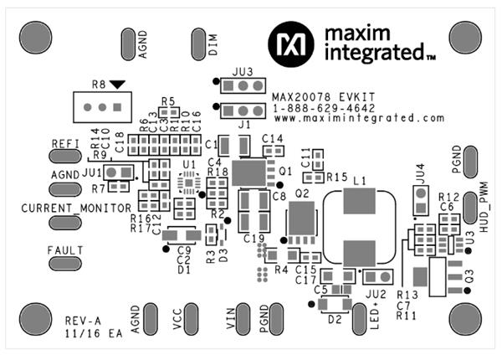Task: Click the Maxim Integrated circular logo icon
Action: point(284,41)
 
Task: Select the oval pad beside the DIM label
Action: point(199,41)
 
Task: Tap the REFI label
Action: point(64,143)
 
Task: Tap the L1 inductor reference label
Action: point(361,181)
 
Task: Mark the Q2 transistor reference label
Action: point(302,192)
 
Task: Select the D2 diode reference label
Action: point(335,319)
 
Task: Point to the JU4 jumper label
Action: point(418,175)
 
